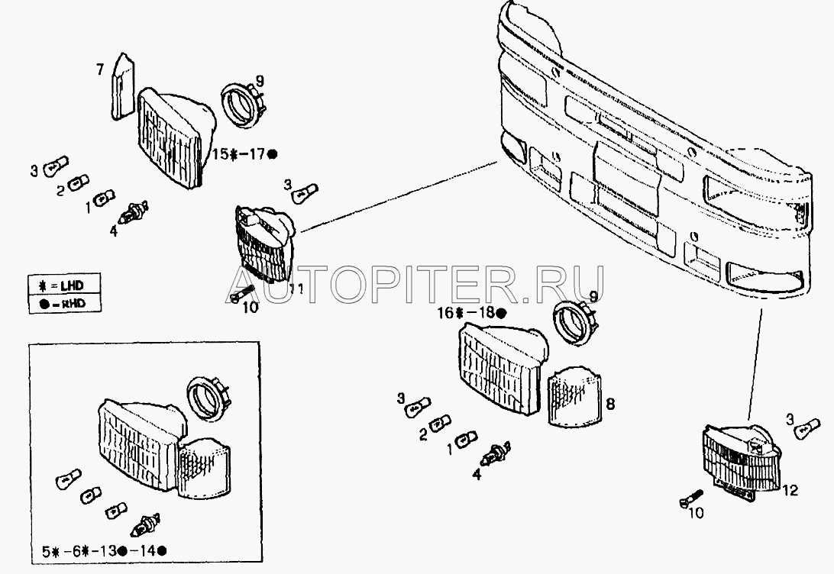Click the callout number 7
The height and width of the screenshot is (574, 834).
[100, 69]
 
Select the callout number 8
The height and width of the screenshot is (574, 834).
[610, 403]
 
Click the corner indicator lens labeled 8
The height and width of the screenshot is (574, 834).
[574, 396]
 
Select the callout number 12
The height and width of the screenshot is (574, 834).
[791, 490]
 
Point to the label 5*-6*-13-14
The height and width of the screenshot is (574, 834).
[105, 551]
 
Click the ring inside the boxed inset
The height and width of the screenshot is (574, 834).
[207, 398]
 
